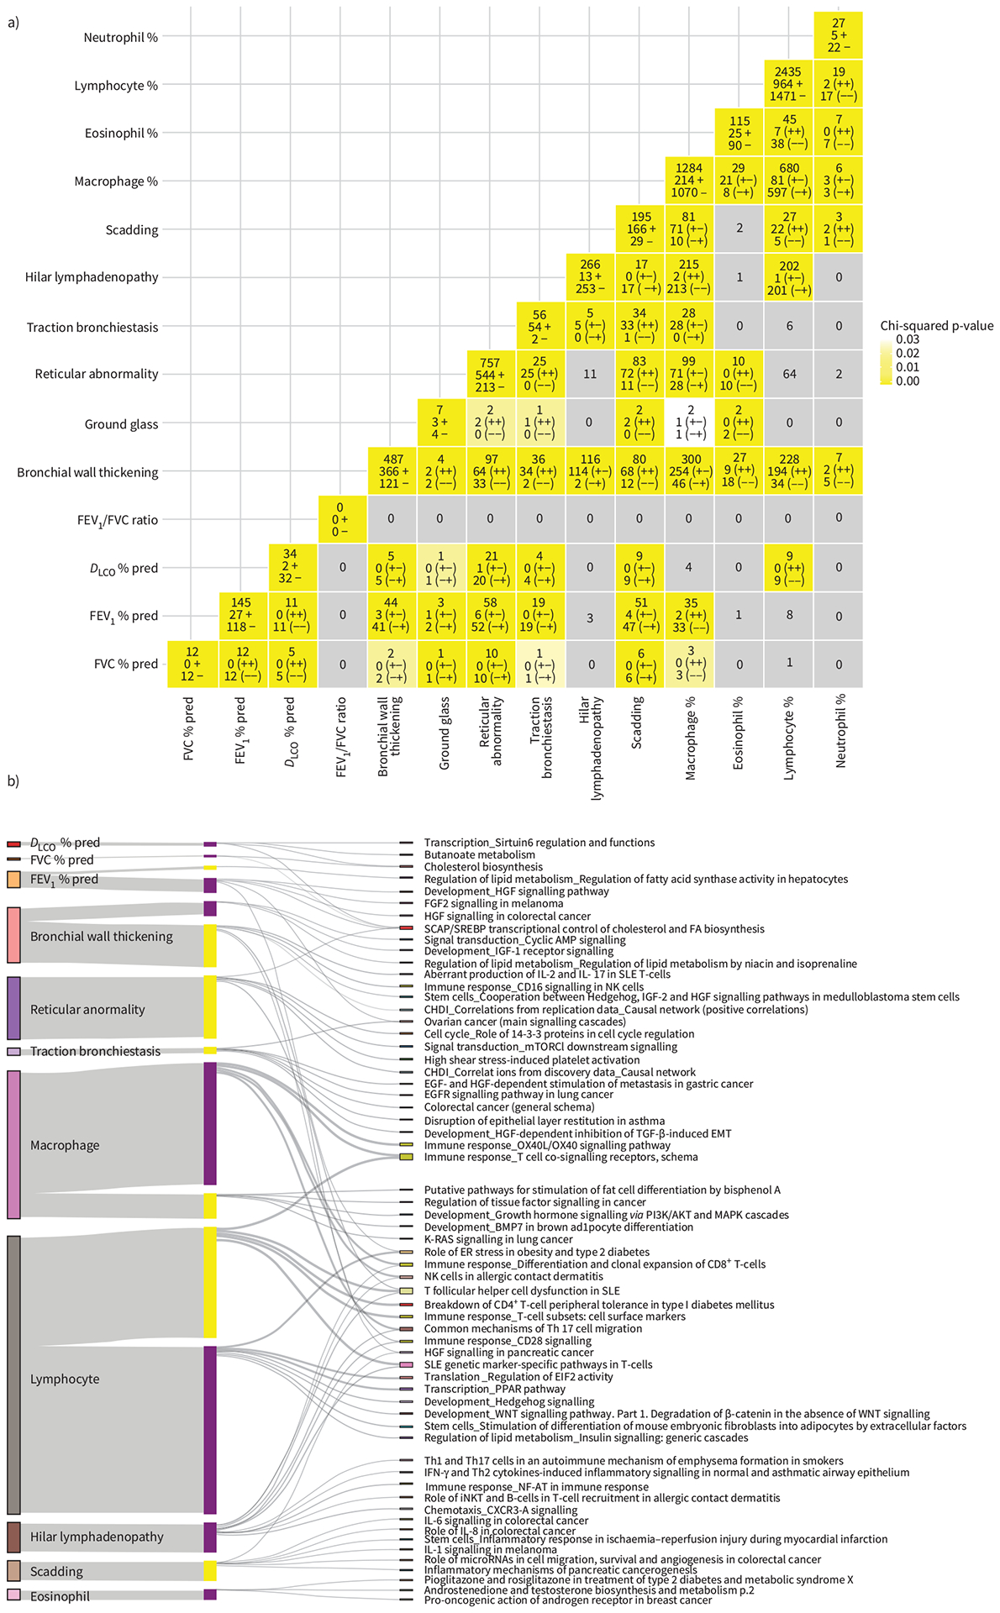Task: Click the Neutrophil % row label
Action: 120,37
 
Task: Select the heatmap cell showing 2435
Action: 788,85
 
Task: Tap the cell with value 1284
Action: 689,181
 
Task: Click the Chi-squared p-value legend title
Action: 936,326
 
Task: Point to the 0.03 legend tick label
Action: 908,339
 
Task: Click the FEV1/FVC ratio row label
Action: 118,520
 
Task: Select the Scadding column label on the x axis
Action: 638,722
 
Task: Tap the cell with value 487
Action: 392,471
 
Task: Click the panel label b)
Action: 13,780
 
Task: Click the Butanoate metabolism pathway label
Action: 479,854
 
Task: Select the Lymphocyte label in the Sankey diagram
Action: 65,1379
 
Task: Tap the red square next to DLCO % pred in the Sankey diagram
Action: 13,843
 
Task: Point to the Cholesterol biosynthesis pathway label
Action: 483,867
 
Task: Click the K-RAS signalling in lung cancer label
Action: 498,1239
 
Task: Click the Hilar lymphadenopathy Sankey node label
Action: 97,1537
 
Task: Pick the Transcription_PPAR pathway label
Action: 494,1389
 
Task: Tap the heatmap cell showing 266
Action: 590,276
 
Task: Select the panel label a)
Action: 13,23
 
